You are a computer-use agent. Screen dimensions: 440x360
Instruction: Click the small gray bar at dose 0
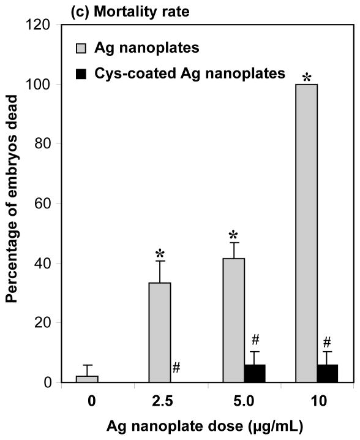pyautogui.click(x=87, y=379)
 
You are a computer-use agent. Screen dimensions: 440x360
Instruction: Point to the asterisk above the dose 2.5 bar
pyautogui.click(x=160, y=254)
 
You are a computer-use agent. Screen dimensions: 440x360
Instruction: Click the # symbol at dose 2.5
pyautogui.click(x=176, y=367)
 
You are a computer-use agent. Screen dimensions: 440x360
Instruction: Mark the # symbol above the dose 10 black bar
pyautogui.click(x=328, y=342)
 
